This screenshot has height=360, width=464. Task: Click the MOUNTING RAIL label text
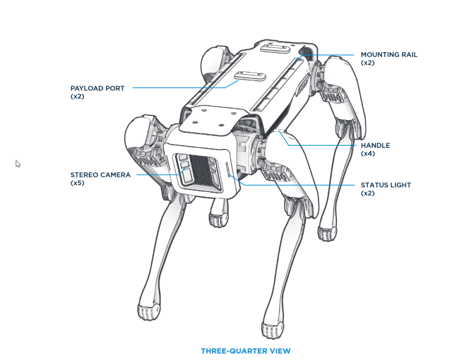click(389, 55)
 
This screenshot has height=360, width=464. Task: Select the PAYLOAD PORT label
click(98, 88)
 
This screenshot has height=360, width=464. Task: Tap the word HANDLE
click(375, 145)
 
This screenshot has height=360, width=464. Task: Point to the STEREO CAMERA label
click(100, 175)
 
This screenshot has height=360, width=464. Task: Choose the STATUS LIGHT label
click(385, 185)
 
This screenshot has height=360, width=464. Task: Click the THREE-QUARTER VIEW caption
click(246, 351)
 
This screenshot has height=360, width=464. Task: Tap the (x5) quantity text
click(77, 183)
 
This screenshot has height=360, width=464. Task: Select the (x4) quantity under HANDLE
click(367, 154)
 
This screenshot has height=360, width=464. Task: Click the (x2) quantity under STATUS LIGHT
click(367, 193)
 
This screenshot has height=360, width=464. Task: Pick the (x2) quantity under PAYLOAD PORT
click(77, 96)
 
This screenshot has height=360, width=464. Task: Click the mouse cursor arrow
click(18, 164)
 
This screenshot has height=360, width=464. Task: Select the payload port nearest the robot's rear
click(275, 49)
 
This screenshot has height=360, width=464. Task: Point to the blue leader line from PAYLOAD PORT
click(180, 88)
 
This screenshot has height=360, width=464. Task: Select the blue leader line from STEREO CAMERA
click(156, 175)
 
